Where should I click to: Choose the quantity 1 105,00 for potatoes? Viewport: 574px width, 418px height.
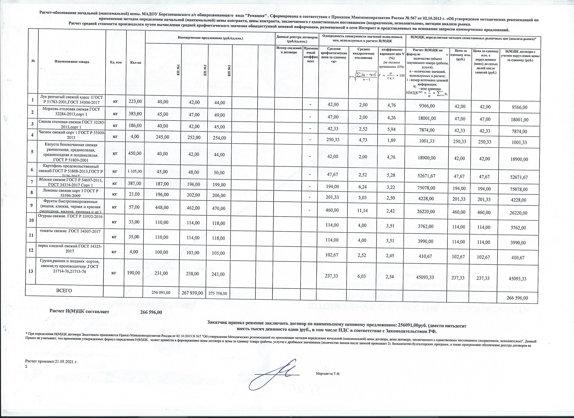tap(134, 171)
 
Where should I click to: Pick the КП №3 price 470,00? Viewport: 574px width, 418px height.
tap(219, 208)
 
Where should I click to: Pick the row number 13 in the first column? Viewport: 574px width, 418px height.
tap(31, 271)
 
